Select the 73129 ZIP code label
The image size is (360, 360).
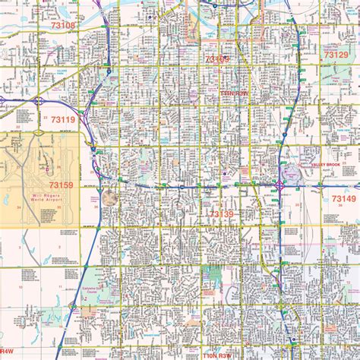pyautogui.click(x=336, y=55)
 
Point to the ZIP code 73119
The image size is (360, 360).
pyautogui.click(x=62, y=119)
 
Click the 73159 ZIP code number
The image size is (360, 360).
pyautogui.click(x=62, y=185)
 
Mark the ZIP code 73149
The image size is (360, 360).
pyautogui.click(x=343, y=199)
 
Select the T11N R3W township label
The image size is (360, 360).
pyautogui.click(x=235, y=92)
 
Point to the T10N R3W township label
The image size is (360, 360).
pyautogui.click(x=220, y=353)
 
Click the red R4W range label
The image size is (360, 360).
pyautogui.click(x=6, y=351)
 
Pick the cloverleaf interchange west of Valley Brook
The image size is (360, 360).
pyautogui.click(x=280, y=184)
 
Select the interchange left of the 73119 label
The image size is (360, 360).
pyautogui.click(x=37, y=101)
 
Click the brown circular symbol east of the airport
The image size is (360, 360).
pyautogui.click(x=111, y=197)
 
